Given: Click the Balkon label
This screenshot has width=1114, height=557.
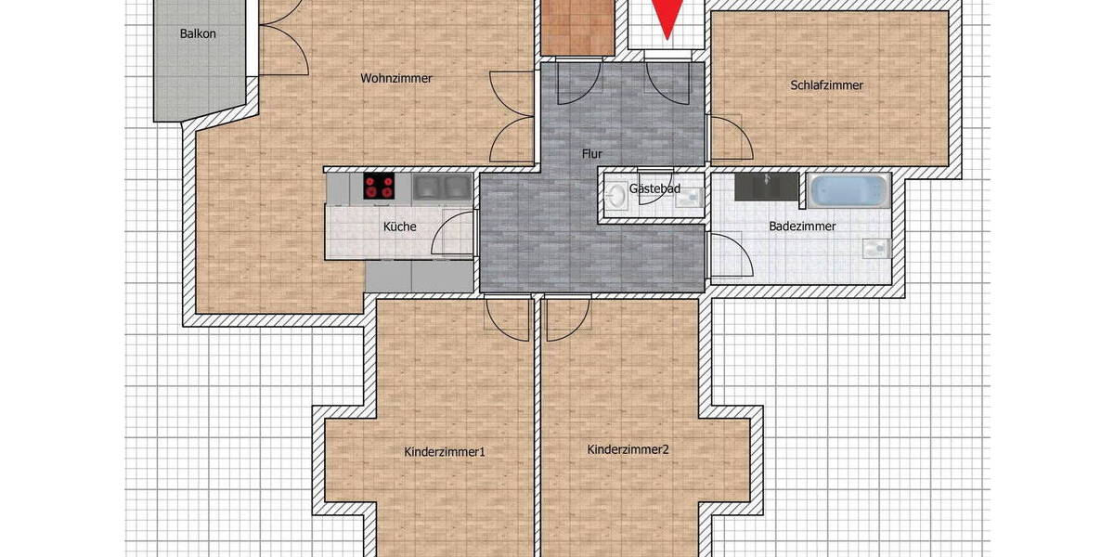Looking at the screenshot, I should (198, 34).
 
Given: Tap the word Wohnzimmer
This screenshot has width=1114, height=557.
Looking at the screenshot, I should (396, 79).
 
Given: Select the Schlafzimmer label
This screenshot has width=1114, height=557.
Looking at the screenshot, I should (827, 85).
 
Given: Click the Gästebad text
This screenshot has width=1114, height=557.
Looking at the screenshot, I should (654, 189).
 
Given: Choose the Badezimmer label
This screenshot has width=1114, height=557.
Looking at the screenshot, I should (802, 227).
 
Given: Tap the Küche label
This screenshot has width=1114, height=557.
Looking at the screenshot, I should (400, 227).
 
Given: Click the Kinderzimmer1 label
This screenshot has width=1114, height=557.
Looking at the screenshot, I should (446, 452).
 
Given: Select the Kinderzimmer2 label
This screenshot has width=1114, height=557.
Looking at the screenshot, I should (628, 449).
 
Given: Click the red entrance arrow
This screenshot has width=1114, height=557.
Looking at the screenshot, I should (667, 18).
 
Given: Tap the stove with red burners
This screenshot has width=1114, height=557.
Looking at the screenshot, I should (379, 187).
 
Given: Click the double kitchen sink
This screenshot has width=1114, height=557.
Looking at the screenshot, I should (441, 188).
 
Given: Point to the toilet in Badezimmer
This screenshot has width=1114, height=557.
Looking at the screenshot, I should (874, 248).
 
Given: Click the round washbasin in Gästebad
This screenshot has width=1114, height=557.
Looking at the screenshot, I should (617, 195).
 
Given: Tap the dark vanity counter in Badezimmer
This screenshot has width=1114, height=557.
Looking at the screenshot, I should (767, 187).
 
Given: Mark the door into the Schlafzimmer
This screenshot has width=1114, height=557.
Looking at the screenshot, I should (729, 139).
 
